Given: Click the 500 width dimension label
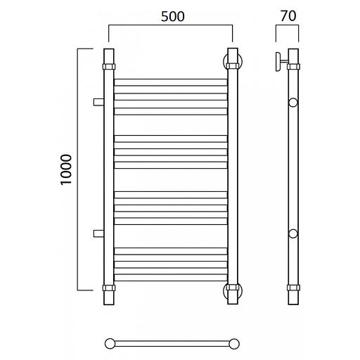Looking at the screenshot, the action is (x=173, y=16).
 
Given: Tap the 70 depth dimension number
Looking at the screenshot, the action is (x=288, y=16).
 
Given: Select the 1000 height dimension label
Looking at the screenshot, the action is (x=66, y=169).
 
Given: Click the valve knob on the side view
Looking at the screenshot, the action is (x=278, y=62).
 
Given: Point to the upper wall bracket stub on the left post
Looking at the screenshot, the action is (x=98, y=102).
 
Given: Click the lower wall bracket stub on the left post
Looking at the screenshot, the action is (x=98, y=233).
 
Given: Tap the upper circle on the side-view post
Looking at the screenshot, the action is (x=293, y=103).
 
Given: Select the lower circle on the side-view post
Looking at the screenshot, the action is (x=293, y=233).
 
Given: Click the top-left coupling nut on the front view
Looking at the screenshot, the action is (x=109, y=67).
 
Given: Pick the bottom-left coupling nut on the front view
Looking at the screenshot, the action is (x=109, y=288).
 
